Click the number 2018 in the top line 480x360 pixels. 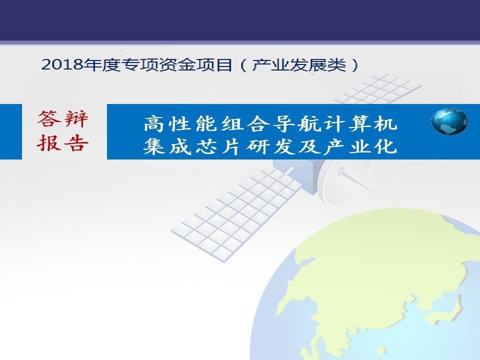coord(62,64)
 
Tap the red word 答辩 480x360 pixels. coord(63,119)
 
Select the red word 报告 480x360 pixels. coord(63,143)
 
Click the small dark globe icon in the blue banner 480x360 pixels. coord(449,121)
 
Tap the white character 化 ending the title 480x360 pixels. coord(386,146)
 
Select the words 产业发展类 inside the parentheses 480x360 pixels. coord(299,64)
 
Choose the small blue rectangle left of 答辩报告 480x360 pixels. coord(11,131)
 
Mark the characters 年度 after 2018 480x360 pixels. coord(101,64)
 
